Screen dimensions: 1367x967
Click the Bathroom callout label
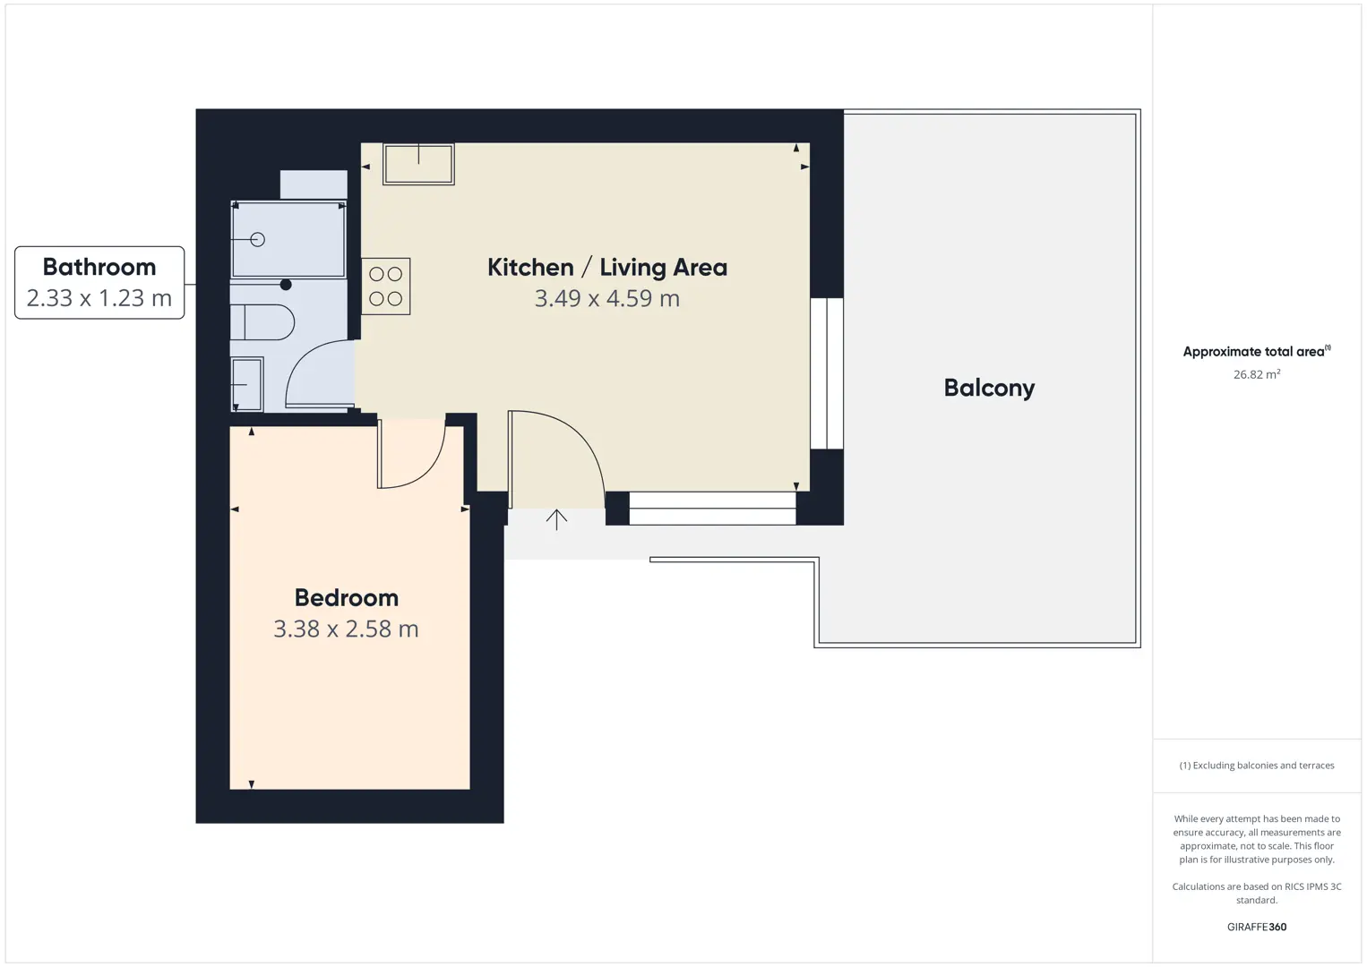pos(99,267)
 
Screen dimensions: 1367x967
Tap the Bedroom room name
pos(347,598)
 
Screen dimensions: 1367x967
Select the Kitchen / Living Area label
pos(607,267)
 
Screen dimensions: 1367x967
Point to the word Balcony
pos(989,388)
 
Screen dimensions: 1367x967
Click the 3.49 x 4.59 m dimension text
pos(607,298)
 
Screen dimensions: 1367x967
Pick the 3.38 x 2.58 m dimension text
pos(346,629)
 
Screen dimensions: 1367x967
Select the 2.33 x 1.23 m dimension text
pos(99,298)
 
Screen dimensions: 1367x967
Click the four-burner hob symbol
pos(386,287)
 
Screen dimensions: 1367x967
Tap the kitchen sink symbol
pos(418,164)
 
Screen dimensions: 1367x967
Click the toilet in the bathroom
pos(262,322)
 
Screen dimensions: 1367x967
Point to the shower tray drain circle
pos(257,240)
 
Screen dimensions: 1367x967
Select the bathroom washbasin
pos(247,384)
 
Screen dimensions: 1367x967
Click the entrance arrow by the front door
pos(556,519)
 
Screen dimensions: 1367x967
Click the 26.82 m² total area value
pos(1257,374)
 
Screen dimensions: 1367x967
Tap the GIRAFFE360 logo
pos(1257,927)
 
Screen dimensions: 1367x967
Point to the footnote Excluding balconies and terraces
pos(1257,765)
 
